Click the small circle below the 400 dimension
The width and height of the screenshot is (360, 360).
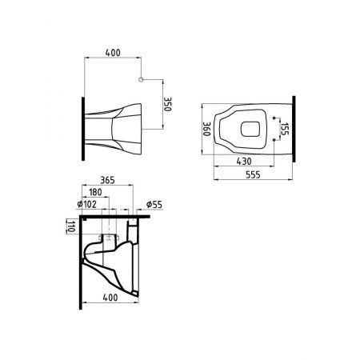(x=140, y=80)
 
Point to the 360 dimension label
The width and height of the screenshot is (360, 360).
(x=206, y=128)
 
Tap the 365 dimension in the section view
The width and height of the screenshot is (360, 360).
(x=110, y=181)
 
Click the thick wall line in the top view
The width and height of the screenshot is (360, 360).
(x=295, y=127)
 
